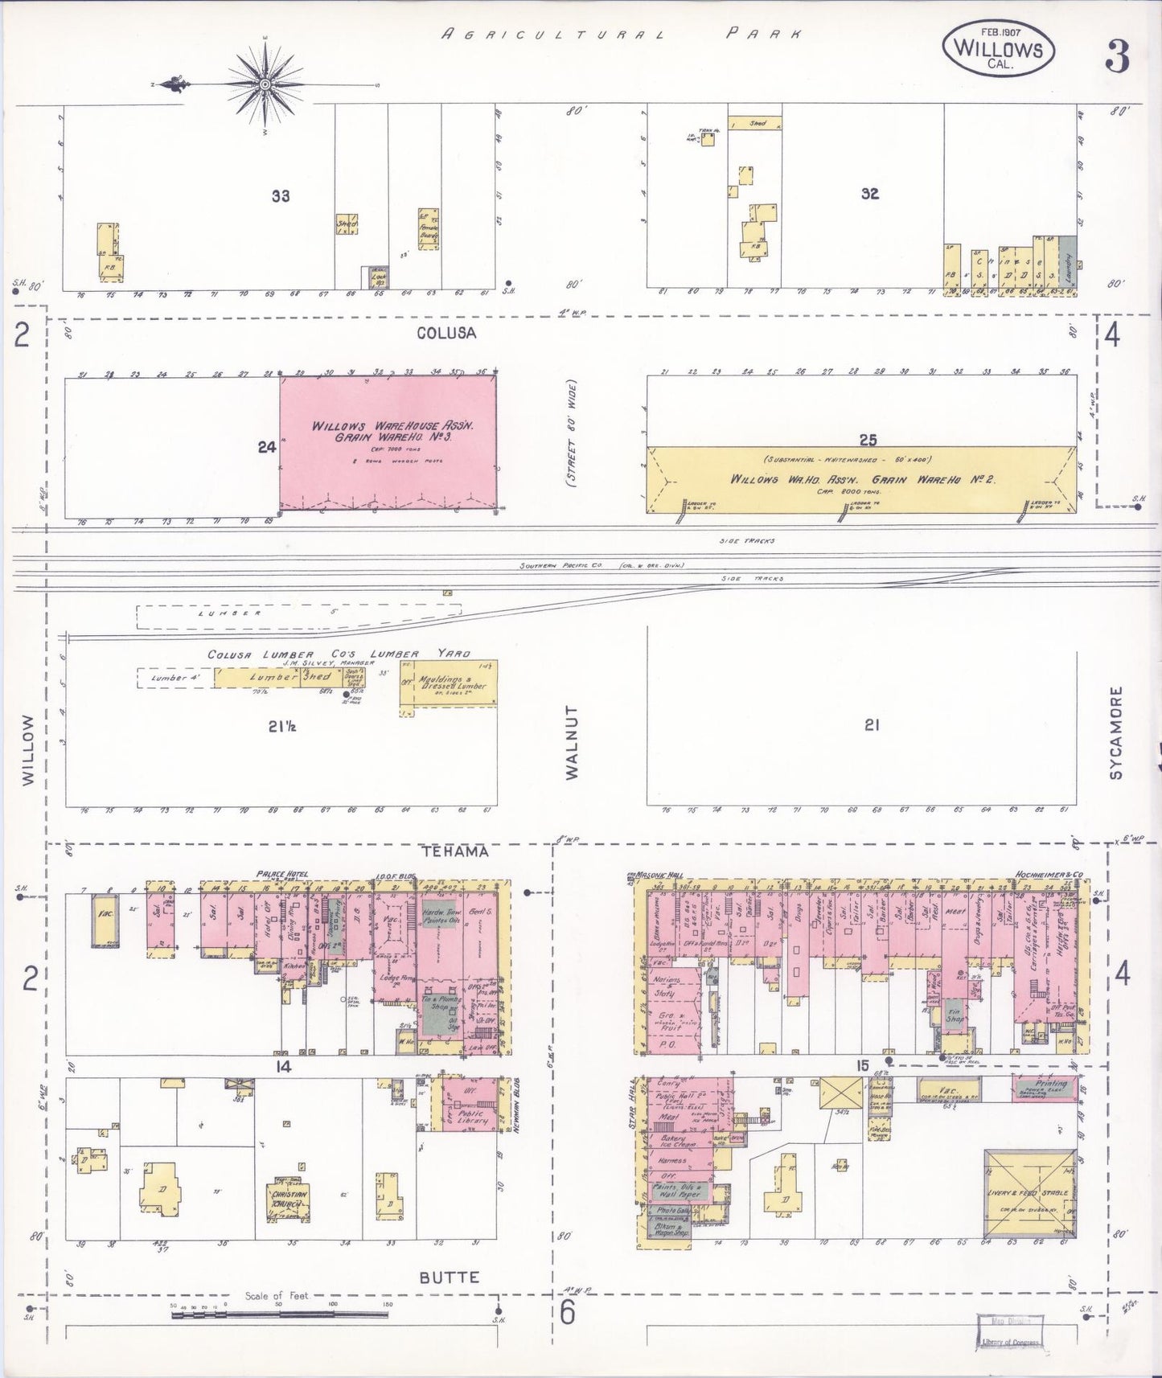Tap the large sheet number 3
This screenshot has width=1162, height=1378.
tap(1117, 56)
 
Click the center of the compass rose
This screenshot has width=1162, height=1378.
tap(265, 84)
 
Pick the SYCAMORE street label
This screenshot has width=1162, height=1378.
tap(1115, 732)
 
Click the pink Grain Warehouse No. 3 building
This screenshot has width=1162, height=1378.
tap(388, 443)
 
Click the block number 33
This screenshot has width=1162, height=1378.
tap(280, 195)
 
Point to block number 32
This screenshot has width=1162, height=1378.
tap(869, 194)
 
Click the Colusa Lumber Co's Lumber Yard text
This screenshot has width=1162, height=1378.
tap(339, 654)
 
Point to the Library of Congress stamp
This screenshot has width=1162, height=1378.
tap(1009, 1331)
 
